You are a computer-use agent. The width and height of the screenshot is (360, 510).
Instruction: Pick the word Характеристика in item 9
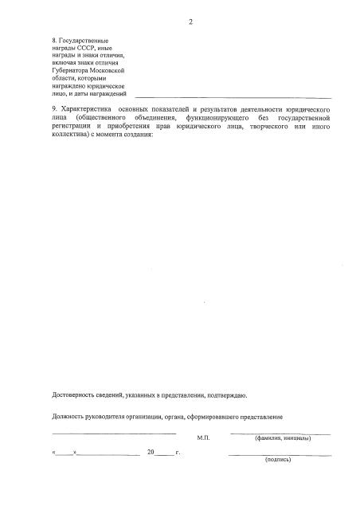(85, 108)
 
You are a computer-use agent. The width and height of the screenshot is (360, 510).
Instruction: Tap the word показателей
(174, 108)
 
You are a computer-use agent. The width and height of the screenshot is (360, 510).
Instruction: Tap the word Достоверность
(76, 395)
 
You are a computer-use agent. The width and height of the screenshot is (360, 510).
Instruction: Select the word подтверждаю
(228, 395)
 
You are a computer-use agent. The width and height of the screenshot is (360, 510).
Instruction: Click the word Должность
(70, 417)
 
